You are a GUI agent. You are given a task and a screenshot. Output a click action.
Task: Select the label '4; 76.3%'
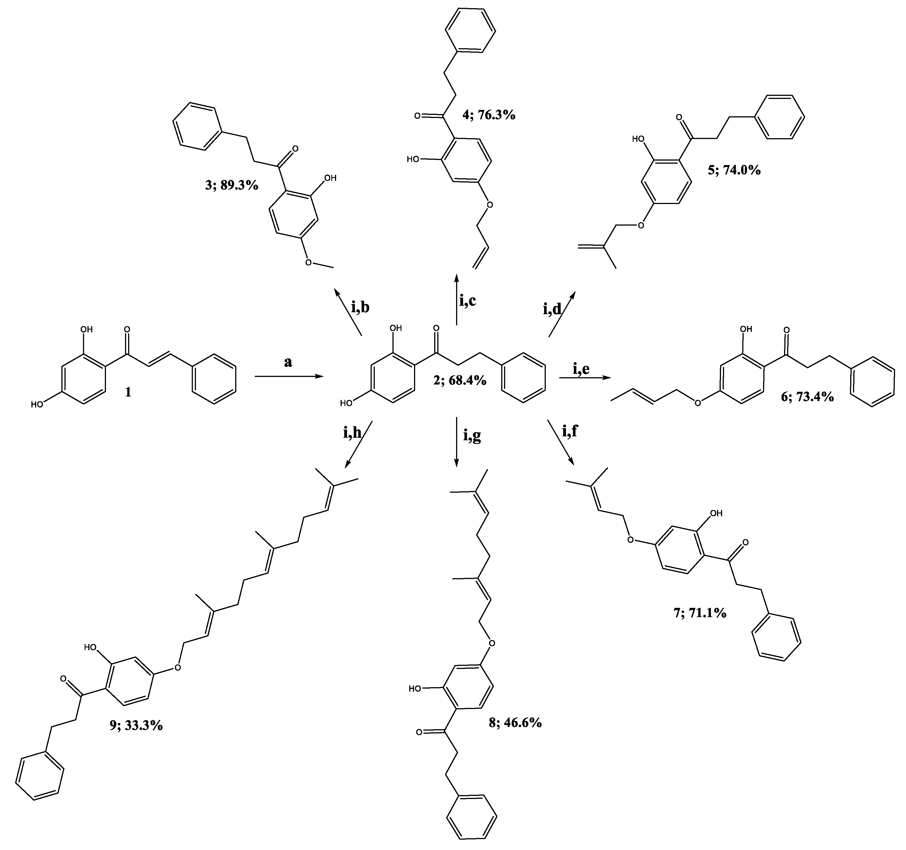[489, 115]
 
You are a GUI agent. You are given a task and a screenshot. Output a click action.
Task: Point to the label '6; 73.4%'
[807, 397]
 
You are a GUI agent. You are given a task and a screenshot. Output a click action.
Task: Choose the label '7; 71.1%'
[700, 613]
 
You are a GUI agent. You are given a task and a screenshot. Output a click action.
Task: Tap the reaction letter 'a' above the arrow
[288, 362]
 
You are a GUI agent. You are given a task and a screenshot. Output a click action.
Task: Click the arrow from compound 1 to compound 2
[289, 377]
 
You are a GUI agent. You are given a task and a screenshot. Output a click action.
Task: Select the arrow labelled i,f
[561, 442]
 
